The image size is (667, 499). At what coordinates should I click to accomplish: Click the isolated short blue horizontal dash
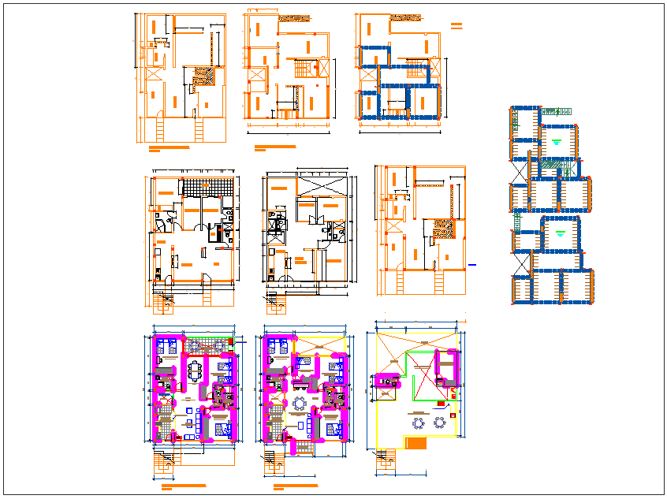(x=471, y=265)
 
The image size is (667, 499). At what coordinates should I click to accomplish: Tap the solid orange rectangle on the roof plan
(x=415, y=443)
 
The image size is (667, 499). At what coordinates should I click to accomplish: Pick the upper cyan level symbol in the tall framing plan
(x=558, y=141)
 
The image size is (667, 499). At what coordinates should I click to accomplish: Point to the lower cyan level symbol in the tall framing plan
(x=559, y=233)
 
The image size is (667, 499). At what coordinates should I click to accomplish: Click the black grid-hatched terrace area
(x=208, y=188)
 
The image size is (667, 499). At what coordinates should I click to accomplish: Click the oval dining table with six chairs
(x=195, y=369)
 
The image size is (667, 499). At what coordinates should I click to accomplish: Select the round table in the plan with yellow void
(x=300, y=404)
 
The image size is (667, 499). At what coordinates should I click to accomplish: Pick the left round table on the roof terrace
(x=417, y=423)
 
